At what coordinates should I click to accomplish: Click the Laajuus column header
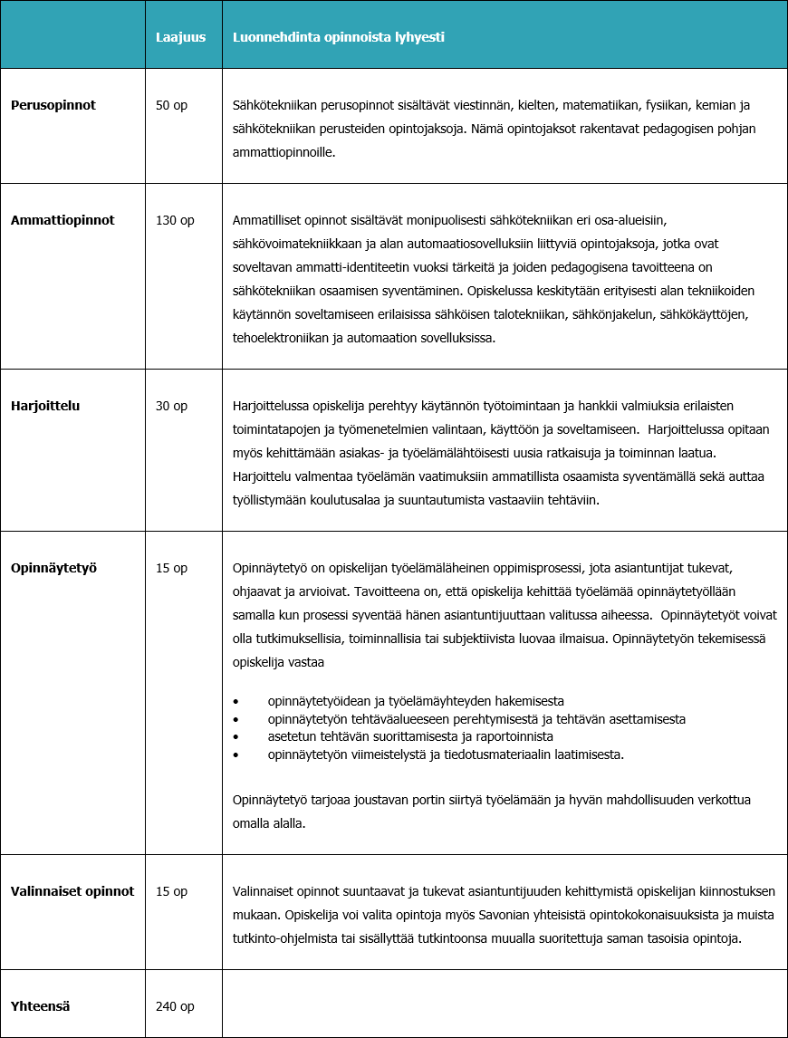pyautogui.click(x=180, y=38)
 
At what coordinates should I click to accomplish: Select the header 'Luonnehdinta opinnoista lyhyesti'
pyautogui.click(x=338, y=38)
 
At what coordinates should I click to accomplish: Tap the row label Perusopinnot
pyautogui.click(x=53, y=105)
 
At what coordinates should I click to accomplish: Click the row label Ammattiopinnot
pyautogui.click(x=62, y=220)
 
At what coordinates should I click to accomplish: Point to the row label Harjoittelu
pyautogui.click(x=45, y=406)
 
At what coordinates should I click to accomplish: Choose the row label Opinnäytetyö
pyautogui.click(x=53, y=568)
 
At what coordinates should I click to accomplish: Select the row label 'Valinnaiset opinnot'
pyautogui.click(x=72, y=891)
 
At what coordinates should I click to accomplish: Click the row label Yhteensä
pyautogui.click(x=41, y=1006)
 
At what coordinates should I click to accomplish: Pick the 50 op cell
pyautogui.click(x=171, y=105)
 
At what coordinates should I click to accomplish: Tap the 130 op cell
pyautogui.click(x=175, y=220)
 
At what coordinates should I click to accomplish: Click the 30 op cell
pyautogui.click(x=171, y=406)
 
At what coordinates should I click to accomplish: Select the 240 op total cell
pyautogui.click(x=175, y=1006)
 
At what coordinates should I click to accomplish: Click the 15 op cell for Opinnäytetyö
pyautogui.click(x=171, y=568)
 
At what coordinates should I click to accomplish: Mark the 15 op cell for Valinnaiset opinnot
pyautogui.click(x=171, y=891)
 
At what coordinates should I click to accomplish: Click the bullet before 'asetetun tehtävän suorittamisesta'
pyautogui.click(x=236, y=736)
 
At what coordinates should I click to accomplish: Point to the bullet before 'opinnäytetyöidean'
pyautogui.click(x=236, y=702)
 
